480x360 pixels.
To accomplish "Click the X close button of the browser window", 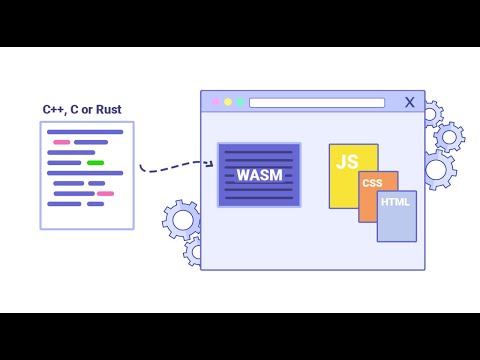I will (409, 102).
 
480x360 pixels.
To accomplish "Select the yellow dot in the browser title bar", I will (227, 102).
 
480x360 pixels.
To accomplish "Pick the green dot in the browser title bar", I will (240, 102).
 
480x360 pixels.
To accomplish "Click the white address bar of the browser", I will (316, 102).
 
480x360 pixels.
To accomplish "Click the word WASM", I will (259, 175).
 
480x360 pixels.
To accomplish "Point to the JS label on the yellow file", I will (347, 162).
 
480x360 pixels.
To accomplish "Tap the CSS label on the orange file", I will (372, 183).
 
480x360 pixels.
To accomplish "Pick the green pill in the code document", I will (95, 162).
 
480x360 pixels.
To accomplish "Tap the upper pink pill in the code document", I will (62, 142).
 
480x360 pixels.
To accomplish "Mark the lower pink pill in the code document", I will (105, 193).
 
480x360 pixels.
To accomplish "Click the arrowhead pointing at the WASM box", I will (210, 164).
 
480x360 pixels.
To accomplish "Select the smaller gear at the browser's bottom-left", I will (193, 249).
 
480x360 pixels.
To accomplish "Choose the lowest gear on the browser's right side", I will (437, 169).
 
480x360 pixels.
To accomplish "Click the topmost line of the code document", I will (85, 132).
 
